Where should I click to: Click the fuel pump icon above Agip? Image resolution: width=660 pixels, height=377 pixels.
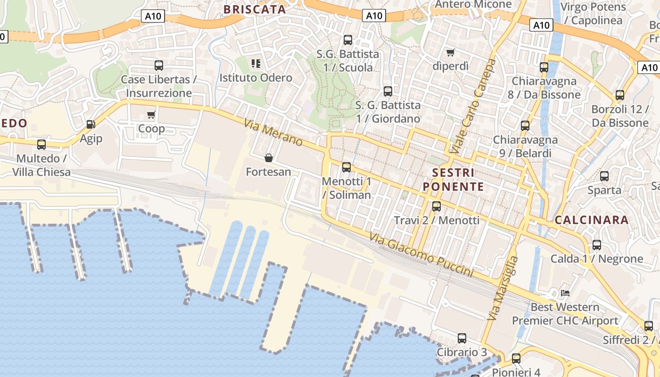pyautogui.click(x=91, y=124)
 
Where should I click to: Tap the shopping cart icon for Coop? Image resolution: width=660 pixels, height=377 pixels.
pyautogui.click(x=151, y=115)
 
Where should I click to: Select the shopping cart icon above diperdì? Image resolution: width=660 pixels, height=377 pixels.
pyautogui.click(x=451, y=52)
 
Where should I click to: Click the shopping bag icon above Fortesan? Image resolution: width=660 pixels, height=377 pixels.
pyautogui.click(x=269, y=157)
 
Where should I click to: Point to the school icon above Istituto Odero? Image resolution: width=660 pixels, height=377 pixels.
pyautogui.click(x=256, y=63)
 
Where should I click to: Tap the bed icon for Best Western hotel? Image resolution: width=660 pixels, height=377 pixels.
pyautogui.click(x=565, y=293)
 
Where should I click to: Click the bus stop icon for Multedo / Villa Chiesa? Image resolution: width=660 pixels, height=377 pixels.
pyautogui.click(x=41, y=144)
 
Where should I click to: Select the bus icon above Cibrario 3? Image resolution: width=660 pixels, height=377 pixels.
pyautogui.click(x=462, y=338)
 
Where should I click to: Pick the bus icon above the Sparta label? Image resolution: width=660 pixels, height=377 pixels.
pyautogui.click(x=604, y=176)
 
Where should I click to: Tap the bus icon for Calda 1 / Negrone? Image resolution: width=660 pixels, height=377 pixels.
pyautogui.click(x=597, y=245)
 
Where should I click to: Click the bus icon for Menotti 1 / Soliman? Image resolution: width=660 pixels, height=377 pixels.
pyautogui.click(x=346, y=167)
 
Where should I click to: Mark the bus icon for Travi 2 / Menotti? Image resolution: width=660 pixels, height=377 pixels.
pyautogui.click(x=437, y=206)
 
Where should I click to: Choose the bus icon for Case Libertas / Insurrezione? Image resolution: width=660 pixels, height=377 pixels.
pyautogui.click(x=159, y=65)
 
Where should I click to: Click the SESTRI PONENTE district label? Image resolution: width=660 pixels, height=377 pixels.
pyautogui.click(x=454, y=180)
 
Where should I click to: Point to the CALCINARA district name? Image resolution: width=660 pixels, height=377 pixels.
pyautogui.click(x=592, y=220)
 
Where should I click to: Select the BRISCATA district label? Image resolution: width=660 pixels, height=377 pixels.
pyautogui.click(x=255, y=9)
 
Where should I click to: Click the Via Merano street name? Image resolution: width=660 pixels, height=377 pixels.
pyautogui.click(x=273, y=132)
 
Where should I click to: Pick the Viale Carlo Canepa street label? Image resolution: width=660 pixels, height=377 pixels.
pyautogui.click(x=473, y=107)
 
